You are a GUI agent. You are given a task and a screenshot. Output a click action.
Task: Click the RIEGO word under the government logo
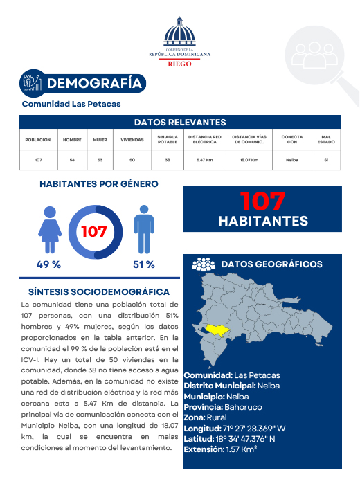[180, 62]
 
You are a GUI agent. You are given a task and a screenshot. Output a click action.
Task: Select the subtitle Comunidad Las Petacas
[71, 104]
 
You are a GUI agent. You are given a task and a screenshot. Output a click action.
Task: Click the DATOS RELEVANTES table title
[180, 122]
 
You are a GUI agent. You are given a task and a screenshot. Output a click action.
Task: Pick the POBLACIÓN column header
[38, 139]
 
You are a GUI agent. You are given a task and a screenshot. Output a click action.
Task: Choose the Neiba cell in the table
[291, 160]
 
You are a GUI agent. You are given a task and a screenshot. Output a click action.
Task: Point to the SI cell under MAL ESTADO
[325, 160]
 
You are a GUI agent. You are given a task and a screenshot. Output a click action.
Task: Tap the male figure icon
[143, 229]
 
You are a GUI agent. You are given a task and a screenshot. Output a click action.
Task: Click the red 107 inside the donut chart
[94, 231]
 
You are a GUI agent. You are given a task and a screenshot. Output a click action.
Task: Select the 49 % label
[48, 264]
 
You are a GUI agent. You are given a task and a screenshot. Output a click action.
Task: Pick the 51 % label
[143, 264]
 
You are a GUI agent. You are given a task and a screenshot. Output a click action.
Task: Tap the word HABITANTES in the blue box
[263, 221]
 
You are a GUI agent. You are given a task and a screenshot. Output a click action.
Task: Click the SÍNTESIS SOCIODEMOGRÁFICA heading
[99, 292]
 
